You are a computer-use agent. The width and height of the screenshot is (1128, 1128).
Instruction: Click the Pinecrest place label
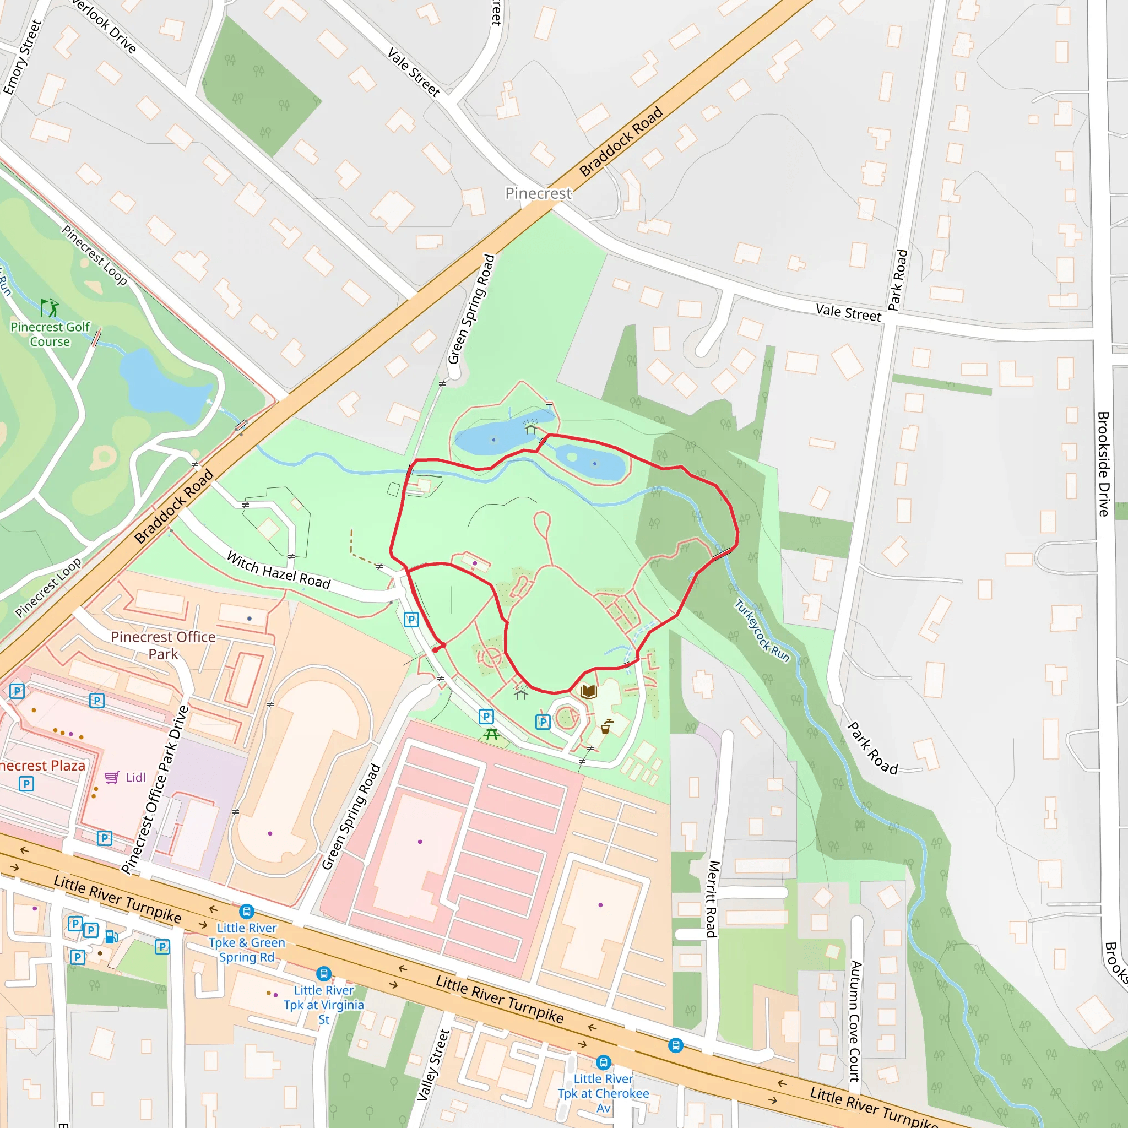coord(538,193)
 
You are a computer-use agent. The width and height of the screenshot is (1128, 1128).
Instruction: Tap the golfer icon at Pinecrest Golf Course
coord(50,308)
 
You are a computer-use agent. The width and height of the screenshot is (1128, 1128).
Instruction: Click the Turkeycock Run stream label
coord(761,631)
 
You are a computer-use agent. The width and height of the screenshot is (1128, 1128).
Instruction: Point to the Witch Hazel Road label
coord(279,570)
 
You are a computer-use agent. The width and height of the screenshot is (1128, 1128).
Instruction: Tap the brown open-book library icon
coord(589,692)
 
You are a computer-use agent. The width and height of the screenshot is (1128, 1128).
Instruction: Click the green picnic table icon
coord(492,735)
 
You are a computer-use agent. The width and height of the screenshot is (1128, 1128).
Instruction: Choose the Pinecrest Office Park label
coord(163,644)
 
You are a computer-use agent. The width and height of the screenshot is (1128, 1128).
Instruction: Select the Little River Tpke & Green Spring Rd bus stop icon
coord(246,912)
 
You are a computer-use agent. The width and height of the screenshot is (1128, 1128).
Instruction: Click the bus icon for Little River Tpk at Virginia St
coord(323,974)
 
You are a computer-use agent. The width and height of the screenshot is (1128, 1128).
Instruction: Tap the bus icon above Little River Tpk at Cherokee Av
coord(603,1062)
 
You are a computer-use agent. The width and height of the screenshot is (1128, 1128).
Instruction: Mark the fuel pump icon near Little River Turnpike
coord(111,937)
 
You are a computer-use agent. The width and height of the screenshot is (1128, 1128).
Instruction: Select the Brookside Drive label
coord(1103,464)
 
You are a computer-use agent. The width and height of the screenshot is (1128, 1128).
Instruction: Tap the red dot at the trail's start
coord(436,649)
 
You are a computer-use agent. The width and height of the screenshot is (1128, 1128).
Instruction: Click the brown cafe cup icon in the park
coord(606,727)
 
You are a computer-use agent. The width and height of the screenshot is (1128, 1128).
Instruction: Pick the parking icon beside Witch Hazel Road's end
coord(411,620)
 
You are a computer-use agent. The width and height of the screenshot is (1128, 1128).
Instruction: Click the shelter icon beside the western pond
coord(530,430)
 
